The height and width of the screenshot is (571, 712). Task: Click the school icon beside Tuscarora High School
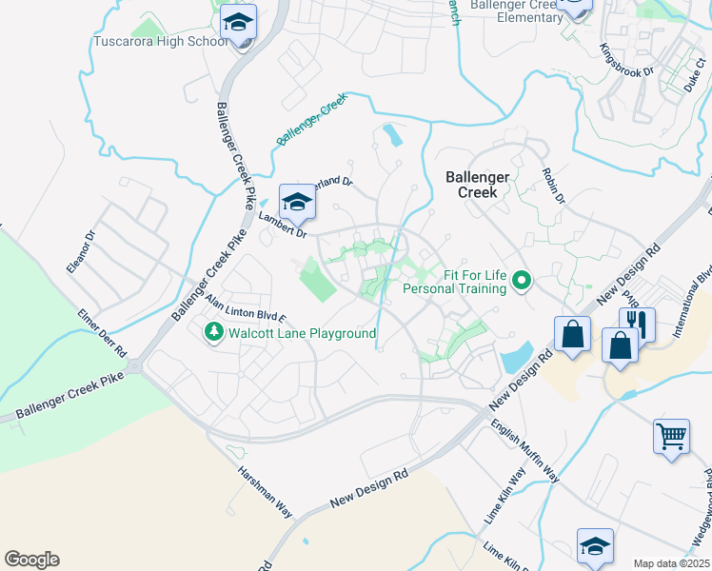(240, 22)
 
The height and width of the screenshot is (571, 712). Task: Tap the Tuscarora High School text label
(161, 42)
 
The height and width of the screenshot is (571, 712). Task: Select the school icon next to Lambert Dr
(296, 201)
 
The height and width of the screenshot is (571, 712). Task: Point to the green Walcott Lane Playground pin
(213, 332)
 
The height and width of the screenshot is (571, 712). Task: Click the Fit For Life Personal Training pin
(521, 281)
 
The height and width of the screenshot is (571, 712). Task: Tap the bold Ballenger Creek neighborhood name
(479, 184)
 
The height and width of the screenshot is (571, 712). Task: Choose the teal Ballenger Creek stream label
(308, 125)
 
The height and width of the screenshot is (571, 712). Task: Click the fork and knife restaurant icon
(637, 324)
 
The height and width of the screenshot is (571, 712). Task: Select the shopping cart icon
(671, 436)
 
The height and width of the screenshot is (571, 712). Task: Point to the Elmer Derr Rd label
(103, 330)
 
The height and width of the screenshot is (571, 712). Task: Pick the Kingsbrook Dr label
(626, 59)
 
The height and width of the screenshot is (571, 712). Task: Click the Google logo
(31, 560)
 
